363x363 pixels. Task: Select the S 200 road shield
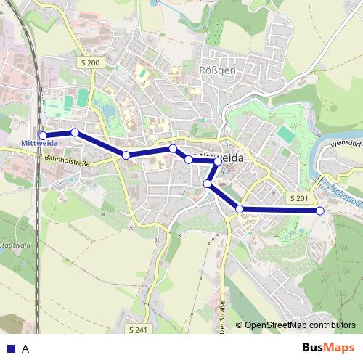[91, 64]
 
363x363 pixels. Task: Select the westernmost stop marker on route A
[43, 135]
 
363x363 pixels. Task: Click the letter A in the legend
[25, 348]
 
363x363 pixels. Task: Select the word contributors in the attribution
[334, 325]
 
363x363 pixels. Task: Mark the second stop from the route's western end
[75, 132]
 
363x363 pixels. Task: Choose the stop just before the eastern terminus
[240, 209]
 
